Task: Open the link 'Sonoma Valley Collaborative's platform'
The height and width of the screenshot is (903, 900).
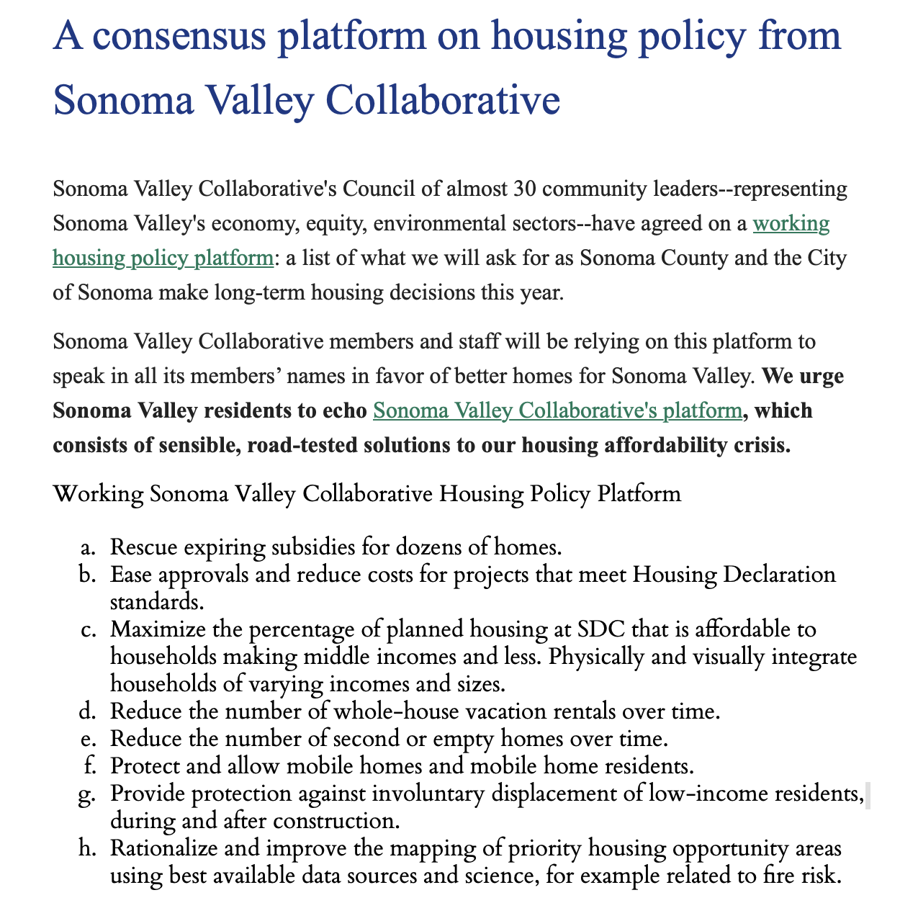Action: click(x=557, y=410)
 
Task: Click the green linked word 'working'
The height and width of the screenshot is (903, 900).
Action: click(x=791, y=223)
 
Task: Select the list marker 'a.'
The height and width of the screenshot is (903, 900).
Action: click(x=89, y=547)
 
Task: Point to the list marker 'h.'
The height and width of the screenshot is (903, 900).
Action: click(x=88, y=848)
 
